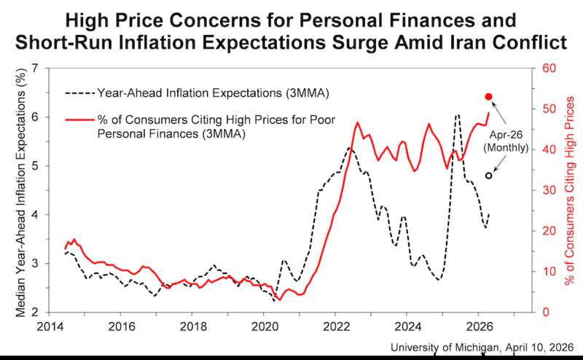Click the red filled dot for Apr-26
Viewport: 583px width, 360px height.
click(489, 96)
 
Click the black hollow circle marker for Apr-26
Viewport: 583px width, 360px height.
click(489, 176)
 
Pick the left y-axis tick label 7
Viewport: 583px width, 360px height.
click(36, 69)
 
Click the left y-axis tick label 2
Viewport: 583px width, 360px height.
click(36, 313)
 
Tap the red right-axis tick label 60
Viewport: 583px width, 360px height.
click(545, 69)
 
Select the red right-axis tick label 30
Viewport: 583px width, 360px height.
click(545, 190)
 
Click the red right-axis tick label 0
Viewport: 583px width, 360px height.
click(542, 313)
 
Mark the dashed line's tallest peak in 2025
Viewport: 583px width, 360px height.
click(457, 115)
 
